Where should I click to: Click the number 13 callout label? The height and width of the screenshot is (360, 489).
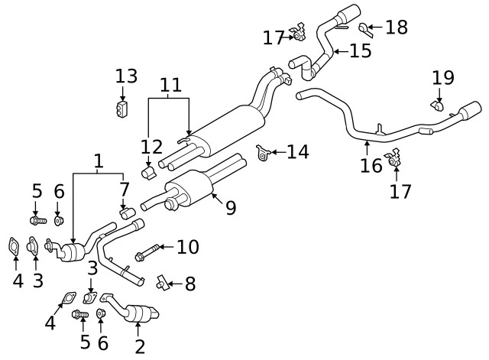(x=126, y=76)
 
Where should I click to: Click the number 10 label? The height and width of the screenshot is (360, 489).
(x=187, y=247)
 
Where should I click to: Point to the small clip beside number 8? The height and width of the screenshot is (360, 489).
(x=161, y=284)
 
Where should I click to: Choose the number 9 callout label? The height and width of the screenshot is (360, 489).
(x=230, y=208)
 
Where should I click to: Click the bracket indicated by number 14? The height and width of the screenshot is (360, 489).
(x=262, y=153)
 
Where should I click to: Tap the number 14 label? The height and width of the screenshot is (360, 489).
(x=297, y=152)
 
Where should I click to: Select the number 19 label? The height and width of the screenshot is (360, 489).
(x=443, y=77)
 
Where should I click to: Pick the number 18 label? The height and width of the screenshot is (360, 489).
(x=397, y=28)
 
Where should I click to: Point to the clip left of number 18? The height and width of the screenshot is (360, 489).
(x=364, y=29)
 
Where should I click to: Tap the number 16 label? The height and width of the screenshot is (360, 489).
(x=371, y=165)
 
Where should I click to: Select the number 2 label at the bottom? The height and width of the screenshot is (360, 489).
(x=139, y=347)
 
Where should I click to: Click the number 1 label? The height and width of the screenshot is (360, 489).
(x=98, y=161)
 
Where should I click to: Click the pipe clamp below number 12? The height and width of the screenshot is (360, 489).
(x=149, y=172)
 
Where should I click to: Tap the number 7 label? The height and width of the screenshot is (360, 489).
(x=125, y=187)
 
